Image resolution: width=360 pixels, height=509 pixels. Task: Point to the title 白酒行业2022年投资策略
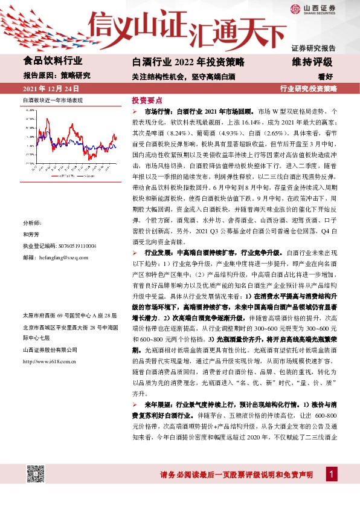(x=188, y=62)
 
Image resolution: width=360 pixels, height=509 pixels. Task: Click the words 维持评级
(x=312, y=62)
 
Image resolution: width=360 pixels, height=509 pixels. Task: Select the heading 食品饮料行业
(x=53, y=61)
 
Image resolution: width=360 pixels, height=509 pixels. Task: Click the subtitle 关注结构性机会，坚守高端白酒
(x=184, y=77)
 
